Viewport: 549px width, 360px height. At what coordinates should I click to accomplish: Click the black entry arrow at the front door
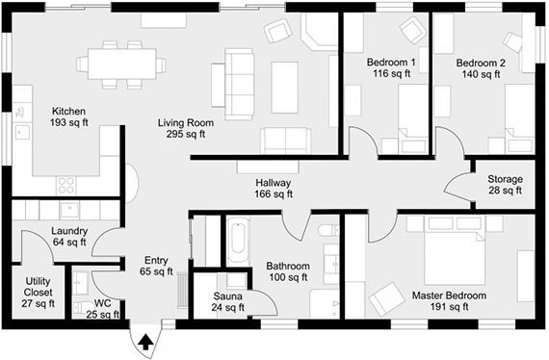pos(145,342)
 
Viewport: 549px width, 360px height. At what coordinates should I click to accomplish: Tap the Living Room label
pos(186,123)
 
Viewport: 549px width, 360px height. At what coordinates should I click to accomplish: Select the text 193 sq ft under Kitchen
pos(69,122)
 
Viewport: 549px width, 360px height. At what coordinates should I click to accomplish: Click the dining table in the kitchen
pos(122,64)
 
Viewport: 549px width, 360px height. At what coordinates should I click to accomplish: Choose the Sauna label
pos(227,296)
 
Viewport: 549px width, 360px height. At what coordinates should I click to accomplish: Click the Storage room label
pos(506,179)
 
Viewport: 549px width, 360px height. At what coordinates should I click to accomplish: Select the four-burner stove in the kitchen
pos(66,186)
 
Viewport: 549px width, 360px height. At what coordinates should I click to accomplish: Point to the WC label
pos(103,303)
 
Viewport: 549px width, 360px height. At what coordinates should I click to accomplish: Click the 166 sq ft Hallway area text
pos(274,193)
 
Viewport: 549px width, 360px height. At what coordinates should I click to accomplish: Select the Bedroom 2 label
pos(481,63)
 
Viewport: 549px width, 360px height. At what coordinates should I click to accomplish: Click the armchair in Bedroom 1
pos(413,30)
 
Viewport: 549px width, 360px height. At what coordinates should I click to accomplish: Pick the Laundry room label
pos(69,231)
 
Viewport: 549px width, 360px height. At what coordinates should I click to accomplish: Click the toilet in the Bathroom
pos(328,230)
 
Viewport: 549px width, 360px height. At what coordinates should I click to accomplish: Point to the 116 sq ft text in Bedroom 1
pos(391,73)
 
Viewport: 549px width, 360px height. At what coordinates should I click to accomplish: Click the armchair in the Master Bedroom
pos(383,298)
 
